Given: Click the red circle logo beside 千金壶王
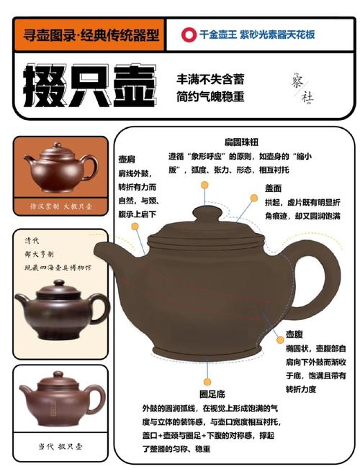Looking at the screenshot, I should click(189, 35).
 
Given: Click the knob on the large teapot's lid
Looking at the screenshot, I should click(207, 214).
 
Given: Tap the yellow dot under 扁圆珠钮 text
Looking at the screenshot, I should click(205, 185).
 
